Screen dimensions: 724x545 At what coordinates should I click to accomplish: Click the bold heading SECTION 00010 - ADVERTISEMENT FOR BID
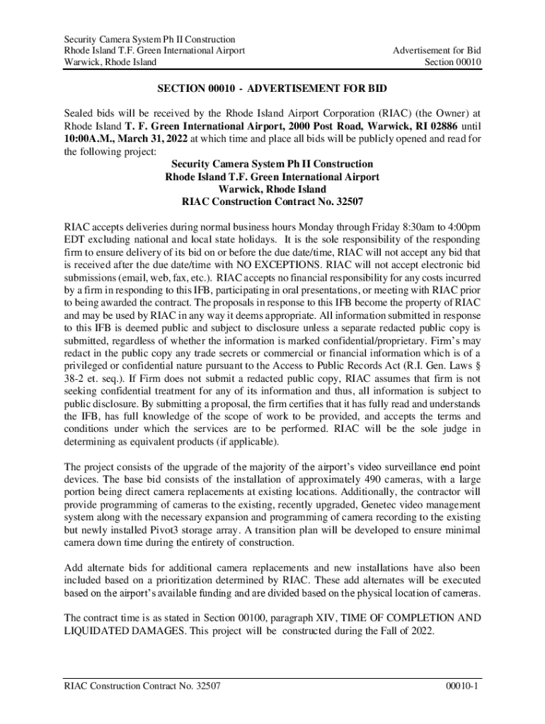(x=272, y=90)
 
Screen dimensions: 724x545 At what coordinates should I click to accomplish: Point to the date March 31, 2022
(x=155, y=139)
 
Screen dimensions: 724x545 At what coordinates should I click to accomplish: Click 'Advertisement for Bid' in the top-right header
(x=438, y=51)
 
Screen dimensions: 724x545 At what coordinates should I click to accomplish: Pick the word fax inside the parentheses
(x=167, y=278)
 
